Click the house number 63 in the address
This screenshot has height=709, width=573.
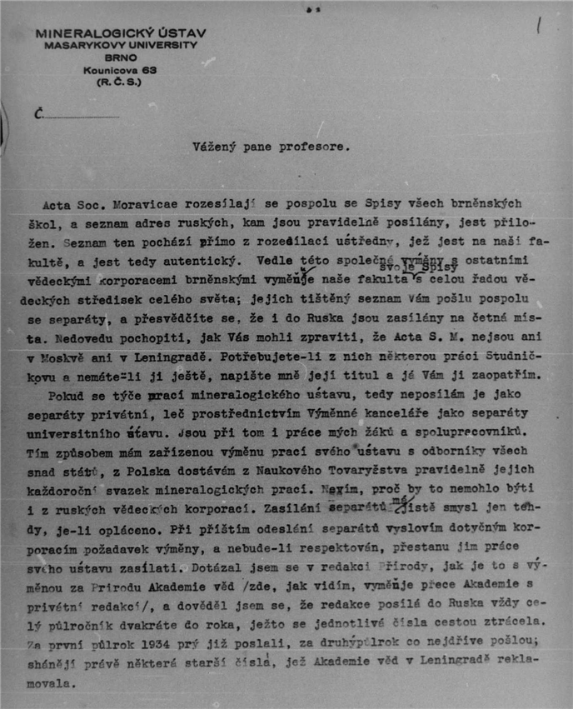[x=149, y=71]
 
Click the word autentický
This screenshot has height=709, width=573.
[x=207, y=260]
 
